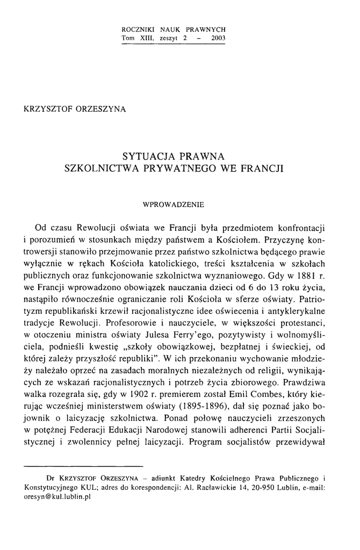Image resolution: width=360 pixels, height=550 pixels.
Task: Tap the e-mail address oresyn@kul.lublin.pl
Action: pyautogui.click(x=58, y=497)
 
